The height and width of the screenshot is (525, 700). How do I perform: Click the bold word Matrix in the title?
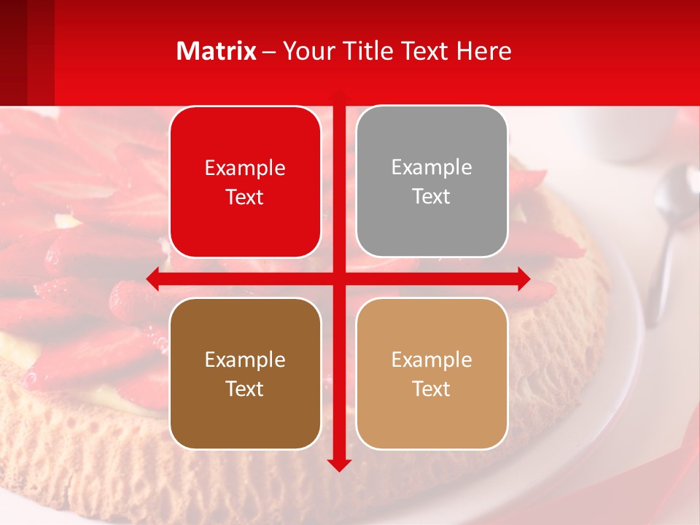click(x=217, y=51)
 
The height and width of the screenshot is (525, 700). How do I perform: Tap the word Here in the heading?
click(x=484, y=51)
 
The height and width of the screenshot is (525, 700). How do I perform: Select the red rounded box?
click(x=245, y=182)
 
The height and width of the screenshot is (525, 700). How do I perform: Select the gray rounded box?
click(x=432, y=182)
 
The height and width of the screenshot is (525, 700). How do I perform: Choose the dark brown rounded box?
click(x=245, y=373)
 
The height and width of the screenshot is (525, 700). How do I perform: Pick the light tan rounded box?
click(x=432, y=373)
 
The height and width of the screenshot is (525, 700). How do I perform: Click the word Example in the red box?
click(x=245, y=168)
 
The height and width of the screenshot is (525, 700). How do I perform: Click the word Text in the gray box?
click(x=432, y=197)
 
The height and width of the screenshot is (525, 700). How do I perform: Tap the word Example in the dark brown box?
click(x=245, y=359)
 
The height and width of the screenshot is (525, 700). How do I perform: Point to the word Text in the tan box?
click(x=432, y=389)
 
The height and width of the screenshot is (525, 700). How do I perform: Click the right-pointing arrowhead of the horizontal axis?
click(x=523, y=279)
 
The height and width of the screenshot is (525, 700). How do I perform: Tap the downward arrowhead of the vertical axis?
click(x=339, y=464)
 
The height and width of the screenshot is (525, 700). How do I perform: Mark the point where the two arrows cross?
click(x=339, y=279)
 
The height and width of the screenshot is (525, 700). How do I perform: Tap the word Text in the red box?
click(x=245, y=198)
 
